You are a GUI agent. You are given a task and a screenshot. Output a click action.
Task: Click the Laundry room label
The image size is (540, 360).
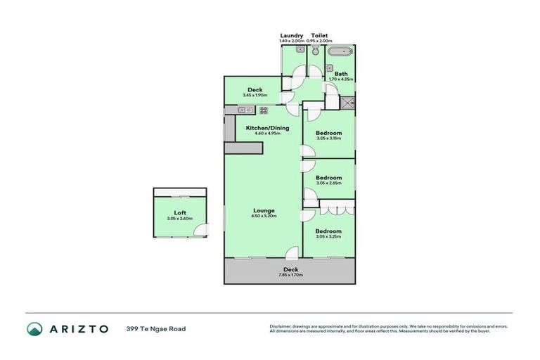click(292, 35)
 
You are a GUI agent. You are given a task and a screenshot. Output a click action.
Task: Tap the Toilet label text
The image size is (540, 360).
click(319, 35)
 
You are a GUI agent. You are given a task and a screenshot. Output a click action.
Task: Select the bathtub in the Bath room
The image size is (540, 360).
click(342, 51)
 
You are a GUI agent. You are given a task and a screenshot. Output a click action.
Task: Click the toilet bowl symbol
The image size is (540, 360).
click(316, 51)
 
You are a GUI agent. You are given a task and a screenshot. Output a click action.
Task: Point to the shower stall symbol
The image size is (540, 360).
click(347, 102)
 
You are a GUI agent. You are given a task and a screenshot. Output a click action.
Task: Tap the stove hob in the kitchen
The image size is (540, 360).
click(264, 110)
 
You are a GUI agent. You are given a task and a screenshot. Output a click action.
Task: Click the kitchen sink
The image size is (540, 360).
click(245, 110)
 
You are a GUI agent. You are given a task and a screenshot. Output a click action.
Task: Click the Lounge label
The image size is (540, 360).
click(264, 210)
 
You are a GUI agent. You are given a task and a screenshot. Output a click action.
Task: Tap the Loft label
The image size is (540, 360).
click(180, 213)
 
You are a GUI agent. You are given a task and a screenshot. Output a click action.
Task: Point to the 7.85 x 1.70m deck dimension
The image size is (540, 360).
click(291, 275)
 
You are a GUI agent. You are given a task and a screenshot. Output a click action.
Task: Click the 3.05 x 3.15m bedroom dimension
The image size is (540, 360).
click(328, 139)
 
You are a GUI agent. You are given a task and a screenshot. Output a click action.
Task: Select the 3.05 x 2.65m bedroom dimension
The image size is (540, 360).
click(328, 184)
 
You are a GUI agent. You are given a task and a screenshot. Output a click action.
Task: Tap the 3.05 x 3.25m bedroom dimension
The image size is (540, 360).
click(328, 237)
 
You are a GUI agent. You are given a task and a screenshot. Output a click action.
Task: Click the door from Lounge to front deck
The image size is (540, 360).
click(291, 255)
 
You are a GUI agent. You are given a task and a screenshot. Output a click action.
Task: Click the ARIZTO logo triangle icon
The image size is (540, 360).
click(34, 328)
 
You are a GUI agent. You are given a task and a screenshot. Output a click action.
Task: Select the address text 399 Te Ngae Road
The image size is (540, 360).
click(156, 328)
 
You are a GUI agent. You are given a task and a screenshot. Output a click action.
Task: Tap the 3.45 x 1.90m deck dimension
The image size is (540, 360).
click(255, 95)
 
